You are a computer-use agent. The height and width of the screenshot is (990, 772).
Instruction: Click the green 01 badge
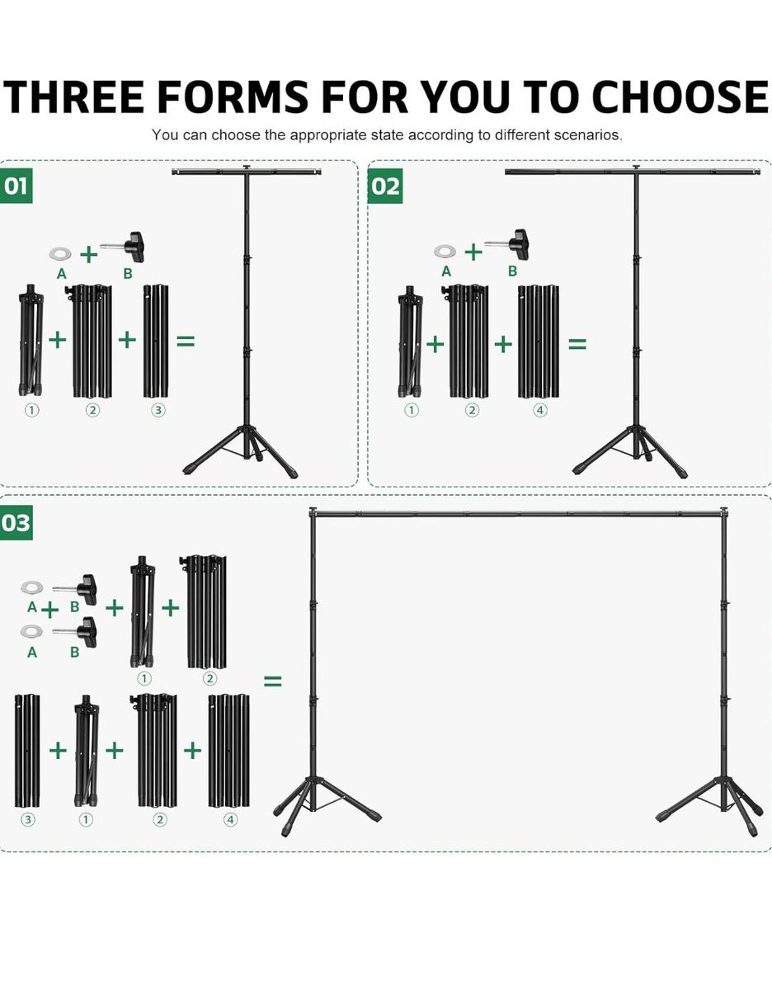16,186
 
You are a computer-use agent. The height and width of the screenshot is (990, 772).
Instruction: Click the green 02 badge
385,186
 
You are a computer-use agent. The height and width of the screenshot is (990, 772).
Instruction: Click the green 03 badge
16,522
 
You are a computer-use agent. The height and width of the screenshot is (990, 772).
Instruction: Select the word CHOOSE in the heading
680,97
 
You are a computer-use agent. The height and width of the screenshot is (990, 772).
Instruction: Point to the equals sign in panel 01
186,342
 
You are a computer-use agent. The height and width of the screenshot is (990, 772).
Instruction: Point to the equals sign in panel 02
577,344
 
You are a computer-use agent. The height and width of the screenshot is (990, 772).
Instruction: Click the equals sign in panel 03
273,681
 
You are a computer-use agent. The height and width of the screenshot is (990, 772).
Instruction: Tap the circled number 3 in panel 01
158,411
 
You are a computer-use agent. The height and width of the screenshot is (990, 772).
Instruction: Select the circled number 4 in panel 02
539,411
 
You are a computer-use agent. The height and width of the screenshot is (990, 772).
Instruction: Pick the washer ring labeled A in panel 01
60,254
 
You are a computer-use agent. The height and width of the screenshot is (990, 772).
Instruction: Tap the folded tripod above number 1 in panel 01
31,341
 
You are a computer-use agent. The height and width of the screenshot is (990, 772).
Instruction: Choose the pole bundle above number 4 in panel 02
539,342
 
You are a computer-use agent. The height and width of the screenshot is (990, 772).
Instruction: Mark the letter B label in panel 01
128,273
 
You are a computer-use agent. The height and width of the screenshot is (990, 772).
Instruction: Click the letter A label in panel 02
446,271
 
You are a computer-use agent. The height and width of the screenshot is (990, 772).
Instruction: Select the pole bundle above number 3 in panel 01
156,342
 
